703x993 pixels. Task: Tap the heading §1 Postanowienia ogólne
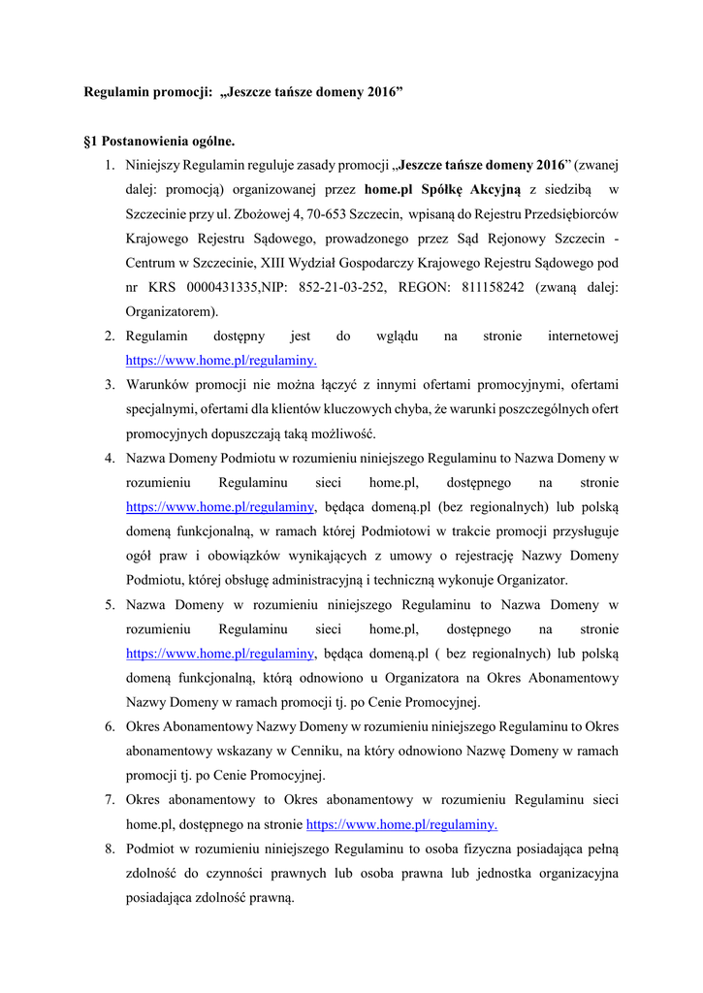click(x=159, y=143)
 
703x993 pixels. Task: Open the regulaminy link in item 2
click(x=221, y=360)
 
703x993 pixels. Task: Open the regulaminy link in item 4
click(x=220, y=505)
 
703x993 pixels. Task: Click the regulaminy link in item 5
click(x=220, y=653)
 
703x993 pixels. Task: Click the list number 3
click(x=111, y=385)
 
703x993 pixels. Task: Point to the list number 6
click(x=111, y=726)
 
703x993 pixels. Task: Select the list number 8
click(x=111, y=849)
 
